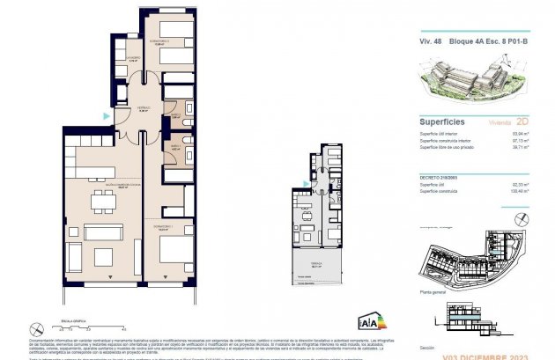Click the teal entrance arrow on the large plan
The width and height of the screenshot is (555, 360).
107,115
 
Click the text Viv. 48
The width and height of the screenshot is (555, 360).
430,39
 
